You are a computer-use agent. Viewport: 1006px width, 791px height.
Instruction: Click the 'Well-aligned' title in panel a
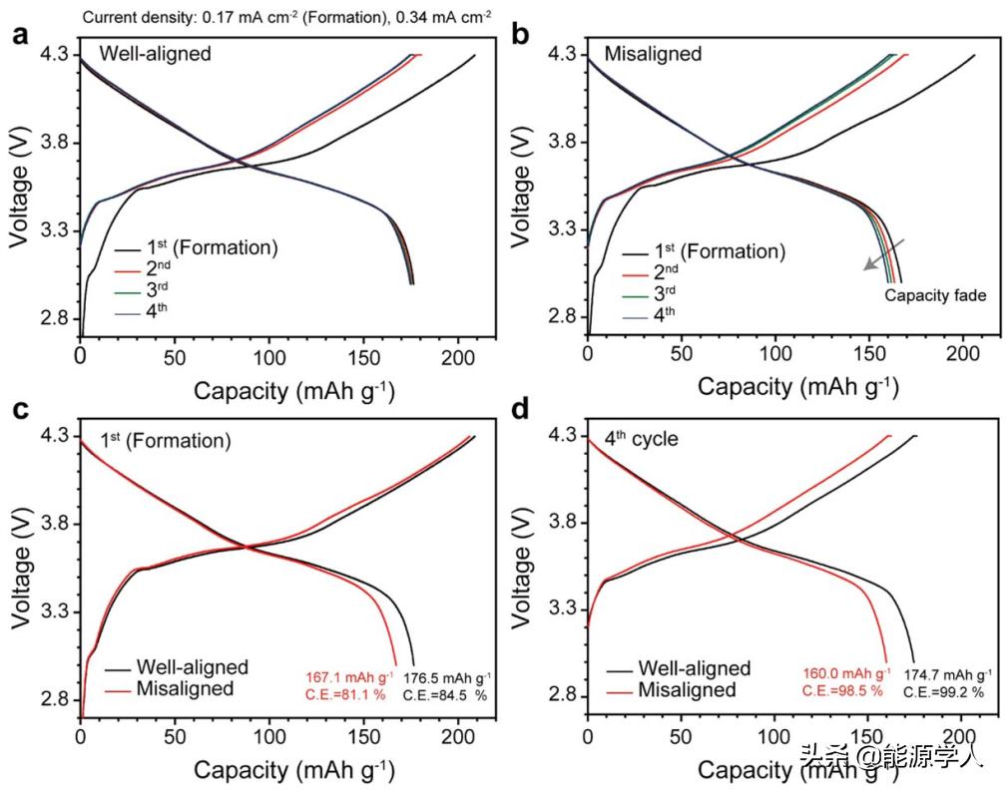tap(155, 54)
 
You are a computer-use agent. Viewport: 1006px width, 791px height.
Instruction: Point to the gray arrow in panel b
tap(885, 254)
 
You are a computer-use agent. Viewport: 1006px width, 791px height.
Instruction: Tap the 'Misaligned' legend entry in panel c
tap(185, 688)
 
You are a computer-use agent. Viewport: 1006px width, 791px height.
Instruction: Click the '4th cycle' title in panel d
tap(639, 438)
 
